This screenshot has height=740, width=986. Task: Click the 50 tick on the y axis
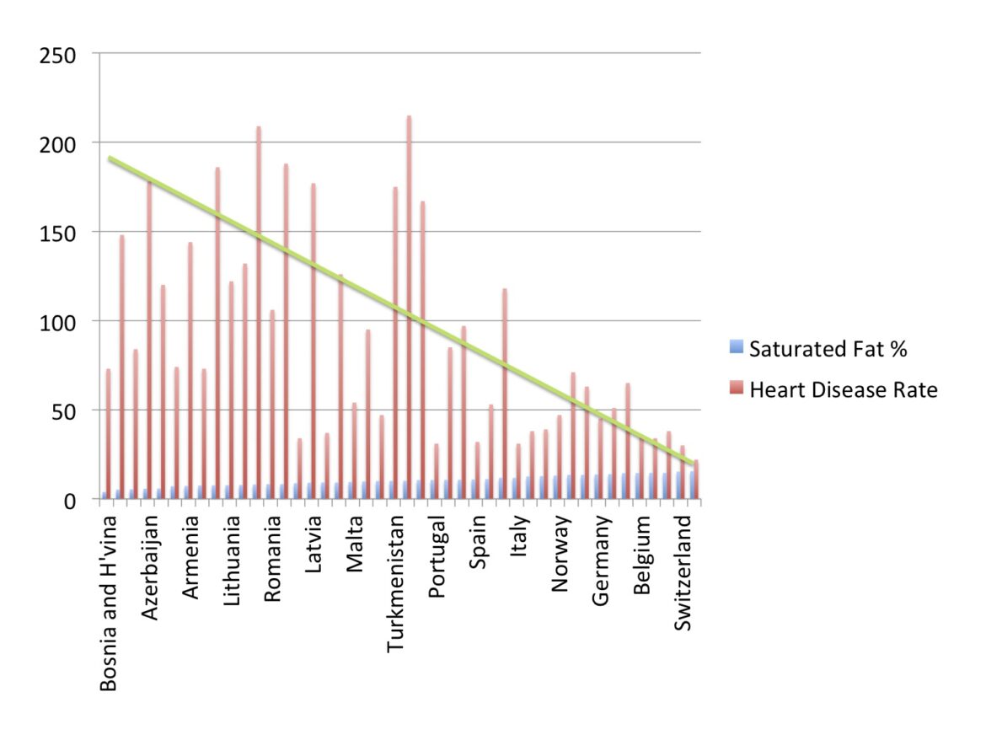pyautogui.click(x=66, y=411)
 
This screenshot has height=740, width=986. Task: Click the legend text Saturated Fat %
pyautogui.click(x=828, y=348)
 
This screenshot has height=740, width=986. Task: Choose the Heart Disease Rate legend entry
pyautogui.click(x=843, y=389)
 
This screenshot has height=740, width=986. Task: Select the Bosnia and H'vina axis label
pyautogui.click(x=109, y=603)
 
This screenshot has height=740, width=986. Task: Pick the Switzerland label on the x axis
pyautogui.click(x=683, y=573)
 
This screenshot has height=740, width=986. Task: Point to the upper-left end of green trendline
pyautogui.click(x=110, y=158)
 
